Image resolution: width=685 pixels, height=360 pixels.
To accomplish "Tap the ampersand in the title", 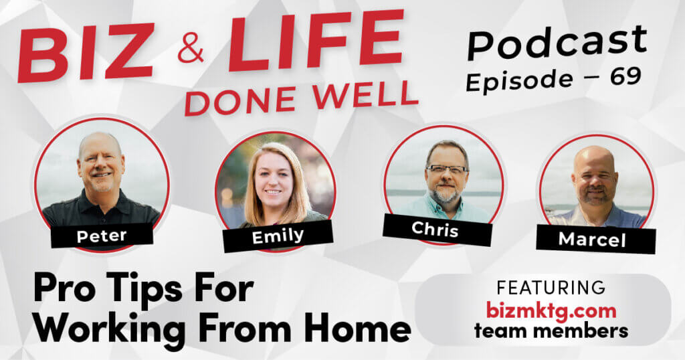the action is [191, 48].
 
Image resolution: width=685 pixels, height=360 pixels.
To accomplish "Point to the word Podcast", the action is [557, 41].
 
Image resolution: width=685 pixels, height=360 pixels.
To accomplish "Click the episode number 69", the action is [625, 77].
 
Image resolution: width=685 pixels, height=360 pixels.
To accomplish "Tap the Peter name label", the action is [102, 236].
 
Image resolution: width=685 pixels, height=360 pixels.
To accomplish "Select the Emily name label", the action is [278, 236].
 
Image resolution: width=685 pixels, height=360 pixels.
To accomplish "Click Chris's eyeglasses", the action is [446, 169].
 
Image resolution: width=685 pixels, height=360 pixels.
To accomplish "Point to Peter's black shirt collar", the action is [100, 199].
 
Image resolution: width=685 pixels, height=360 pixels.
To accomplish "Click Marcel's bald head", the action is [594, 158].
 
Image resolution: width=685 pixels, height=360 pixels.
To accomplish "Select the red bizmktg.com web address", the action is [551, 311].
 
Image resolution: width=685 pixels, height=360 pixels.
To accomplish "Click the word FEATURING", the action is [551, 288].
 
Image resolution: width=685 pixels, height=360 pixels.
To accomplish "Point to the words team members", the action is [551, 331].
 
